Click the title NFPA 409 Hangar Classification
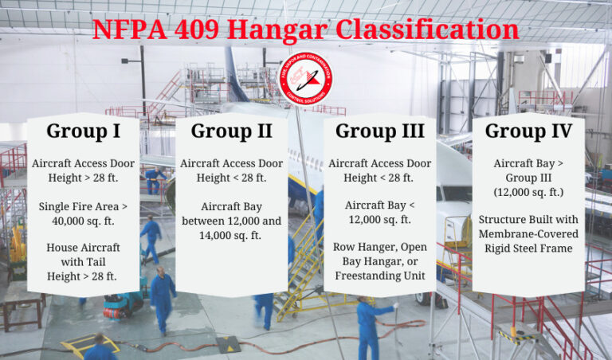[x=306, y=29]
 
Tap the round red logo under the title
[x=307, y=77]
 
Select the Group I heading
[x=83, y=131]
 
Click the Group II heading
[x=231, y=131]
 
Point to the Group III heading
[x=379, y=131]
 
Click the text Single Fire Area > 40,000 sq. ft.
[x=83, y=214]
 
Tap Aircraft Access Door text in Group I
[x=83, y=163]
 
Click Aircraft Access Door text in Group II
[x=231, y=163]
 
